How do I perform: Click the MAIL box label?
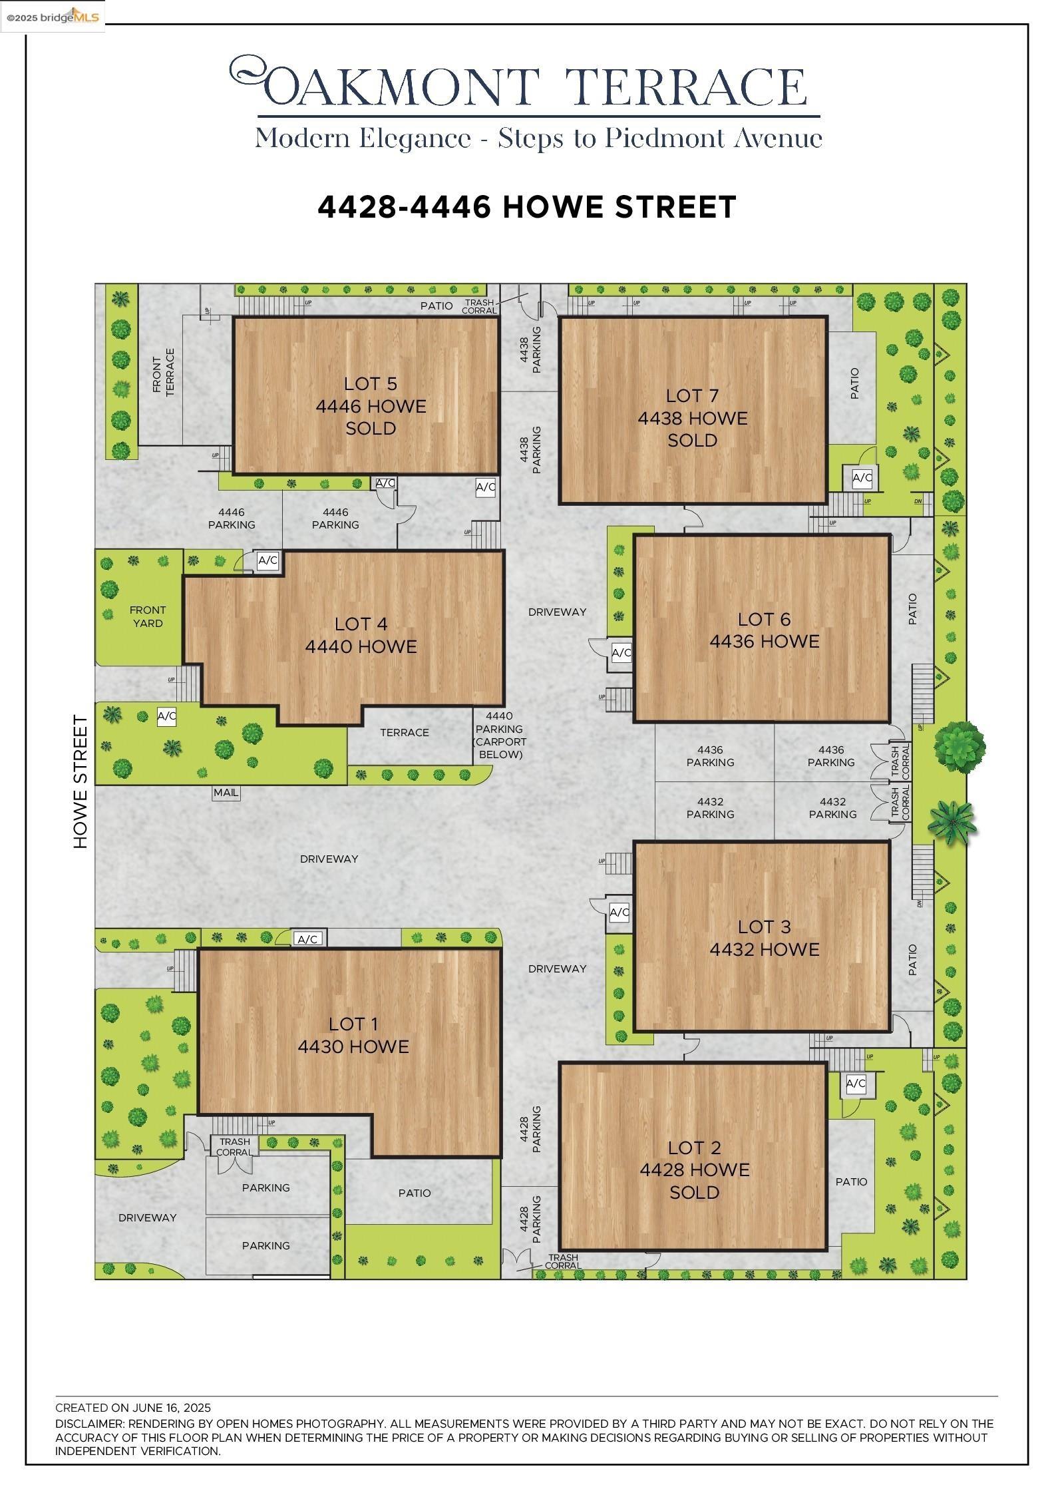click(226, 793)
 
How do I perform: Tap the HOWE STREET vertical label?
click(81, 781)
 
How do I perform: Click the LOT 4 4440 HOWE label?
click(361, 635)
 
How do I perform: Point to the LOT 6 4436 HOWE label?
click(764, 630)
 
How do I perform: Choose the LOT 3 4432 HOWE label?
click(764, 938)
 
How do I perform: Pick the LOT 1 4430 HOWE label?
click(353, 1035)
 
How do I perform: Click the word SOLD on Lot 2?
click(694, 1192)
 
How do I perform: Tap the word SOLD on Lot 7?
click(692, 441)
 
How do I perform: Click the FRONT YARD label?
click(147, 616)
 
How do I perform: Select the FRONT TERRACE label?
click(163, 372)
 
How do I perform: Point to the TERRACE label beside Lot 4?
click(404, 733)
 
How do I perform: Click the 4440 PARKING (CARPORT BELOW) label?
click(499, 735)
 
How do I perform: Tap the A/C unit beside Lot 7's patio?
click(862, 477)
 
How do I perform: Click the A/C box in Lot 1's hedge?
click(307, 939)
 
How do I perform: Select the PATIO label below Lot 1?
click(415, 1193)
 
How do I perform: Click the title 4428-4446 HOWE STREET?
click(526, 207)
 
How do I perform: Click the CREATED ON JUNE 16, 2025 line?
click(133, 1408)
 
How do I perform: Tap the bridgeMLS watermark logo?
click(53, 17)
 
